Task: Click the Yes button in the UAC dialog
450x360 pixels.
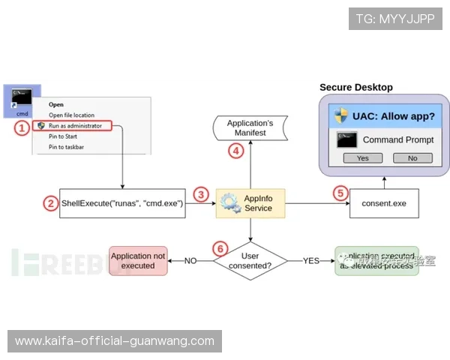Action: (363, 158)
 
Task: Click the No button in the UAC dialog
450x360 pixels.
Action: (412, 158)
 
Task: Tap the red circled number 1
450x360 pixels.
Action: (22, 127)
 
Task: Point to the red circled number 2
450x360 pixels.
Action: (50, 203)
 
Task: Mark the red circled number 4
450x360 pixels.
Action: (235, 150)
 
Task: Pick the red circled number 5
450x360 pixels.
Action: (340, 193)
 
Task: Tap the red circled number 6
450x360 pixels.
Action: (219, 247)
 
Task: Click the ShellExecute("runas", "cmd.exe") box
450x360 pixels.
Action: (122, 203)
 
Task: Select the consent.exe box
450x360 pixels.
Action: (383, 203)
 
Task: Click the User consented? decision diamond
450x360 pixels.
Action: (250, 260)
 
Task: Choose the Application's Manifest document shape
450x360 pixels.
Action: (250, 127)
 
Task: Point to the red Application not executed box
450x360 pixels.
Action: (138, 260)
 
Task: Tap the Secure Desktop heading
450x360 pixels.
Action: (356, 88)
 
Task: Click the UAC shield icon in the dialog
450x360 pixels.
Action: (341, 115)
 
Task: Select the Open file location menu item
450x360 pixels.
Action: (72, 115)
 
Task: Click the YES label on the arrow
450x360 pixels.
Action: (310, 260)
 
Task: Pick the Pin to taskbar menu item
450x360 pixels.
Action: (67, 147)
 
